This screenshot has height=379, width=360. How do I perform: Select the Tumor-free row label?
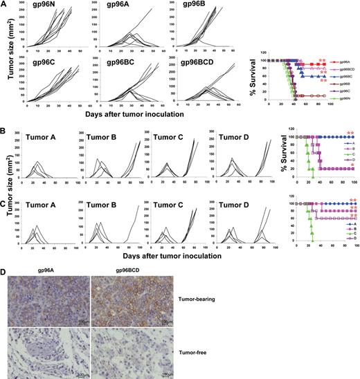click(198, 349)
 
